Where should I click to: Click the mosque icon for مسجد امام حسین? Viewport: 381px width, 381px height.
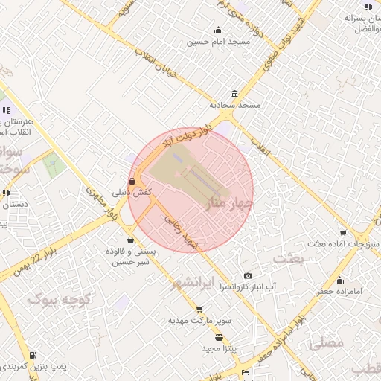[218, 31]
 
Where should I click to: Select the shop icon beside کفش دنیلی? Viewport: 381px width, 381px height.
[132, 180]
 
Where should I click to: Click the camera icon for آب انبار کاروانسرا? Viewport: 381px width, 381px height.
[249, 275]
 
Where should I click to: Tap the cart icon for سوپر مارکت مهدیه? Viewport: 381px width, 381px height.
[199, 310]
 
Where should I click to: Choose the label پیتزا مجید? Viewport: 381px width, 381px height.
[220, 348]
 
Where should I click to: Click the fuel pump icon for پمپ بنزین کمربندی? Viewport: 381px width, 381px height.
[35, 355]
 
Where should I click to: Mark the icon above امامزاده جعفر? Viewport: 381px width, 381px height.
[340, 280]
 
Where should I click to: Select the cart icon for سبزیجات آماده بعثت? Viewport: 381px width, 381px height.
[342, 233]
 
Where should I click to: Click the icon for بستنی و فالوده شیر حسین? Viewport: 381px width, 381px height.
[132, 240]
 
